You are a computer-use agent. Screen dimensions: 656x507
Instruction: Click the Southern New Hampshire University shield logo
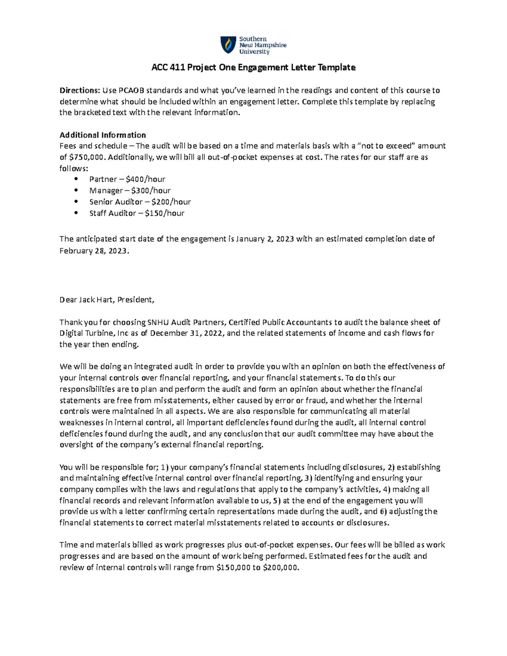228,45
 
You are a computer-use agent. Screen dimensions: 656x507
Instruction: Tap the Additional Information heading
103,135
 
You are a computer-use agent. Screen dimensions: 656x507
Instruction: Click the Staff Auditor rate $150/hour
164,213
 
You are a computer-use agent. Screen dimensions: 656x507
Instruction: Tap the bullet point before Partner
76,179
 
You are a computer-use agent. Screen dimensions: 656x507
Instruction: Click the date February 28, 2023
93,250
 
